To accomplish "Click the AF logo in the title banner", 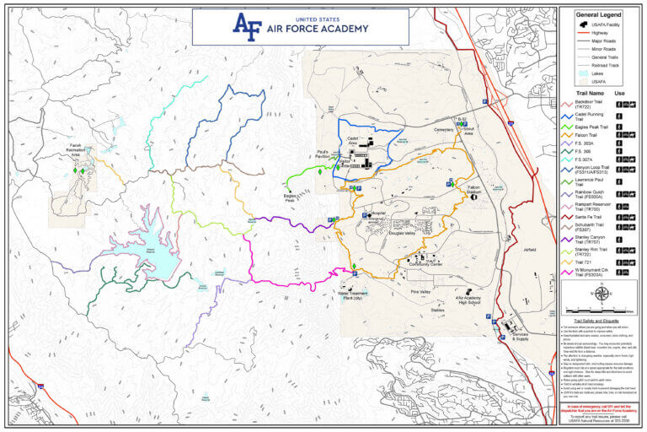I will click(248, 26).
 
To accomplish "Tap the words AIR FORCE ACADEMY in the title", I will click(319, 29).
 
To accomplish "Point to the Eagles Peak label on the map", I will click(289, 199).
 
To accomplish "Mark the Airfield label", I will click(529, 251).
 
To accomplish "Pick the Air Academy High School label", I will click(469, 300).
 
